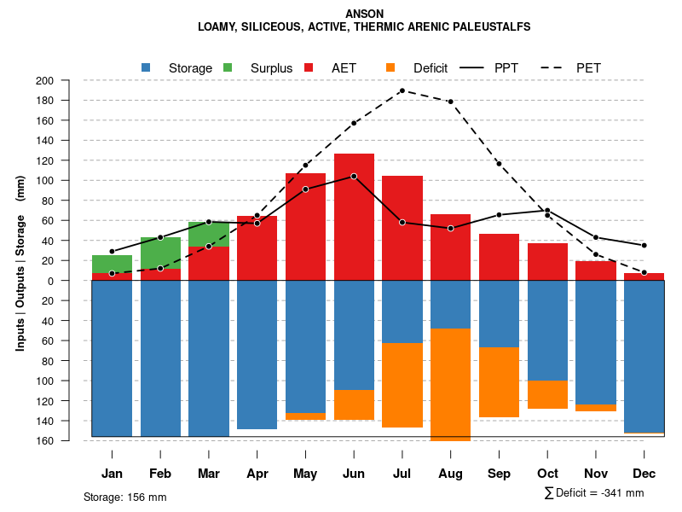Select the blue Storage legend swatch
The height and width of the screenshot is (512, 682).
147,67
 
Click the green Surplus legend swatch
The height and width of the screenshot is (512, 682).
228,67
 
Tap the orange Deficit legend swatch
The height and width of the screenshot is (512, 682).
390,67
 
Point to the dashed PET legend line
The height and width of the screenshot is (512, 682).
548,67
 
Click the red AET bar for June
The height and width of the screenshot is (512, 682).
354,217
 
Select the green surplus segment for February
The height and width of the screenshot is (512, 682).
160,253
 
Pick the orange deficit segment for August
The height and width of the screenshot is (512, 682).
450,384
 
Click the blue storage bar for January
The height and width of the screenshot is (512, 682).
112,358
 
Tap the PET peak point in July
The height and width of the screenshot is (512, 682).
402,90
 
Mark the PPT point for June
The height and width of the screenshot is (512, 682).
354,176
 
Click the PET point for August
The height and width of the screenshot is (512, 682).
450,102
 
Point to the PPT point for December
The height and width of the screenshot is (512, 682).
644,245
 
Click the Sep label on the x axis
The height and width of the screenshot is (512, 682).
499,474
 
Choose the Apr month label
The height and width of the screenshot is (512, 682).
257,474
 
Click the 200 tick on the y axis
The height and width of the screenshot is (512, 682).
67,80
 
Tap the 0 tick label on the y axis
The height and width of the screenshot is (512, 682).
74,281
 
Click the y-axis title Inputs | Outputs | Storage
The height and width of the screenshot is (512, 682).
20,264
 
